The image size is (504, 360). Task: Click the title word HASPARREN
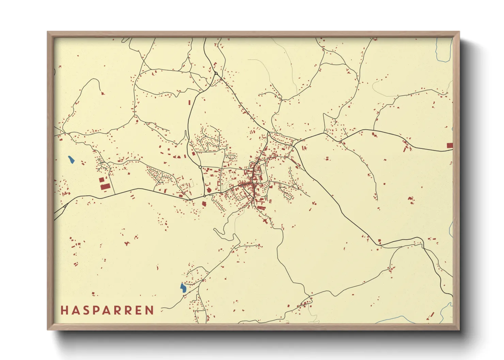pyautogui.click(x=107, y=310)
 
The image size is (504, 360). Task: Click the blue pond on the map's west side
pyautogui.click(x=71, y=160)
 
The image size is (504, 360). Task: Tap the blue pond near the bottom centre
pyautogui.click(x=183, y=288)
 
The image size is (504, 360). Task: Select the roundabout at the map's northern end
pyautogui.click(x=216, y=73)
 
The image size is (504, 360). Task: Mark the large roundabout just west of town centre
pyautogui.click(x=200, y=167)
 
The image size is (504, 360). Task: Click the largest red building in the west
pyautogui.click(x=105, y=187)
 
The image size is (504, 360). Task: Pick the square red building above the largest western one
pyautogui.click(x=101, y=179)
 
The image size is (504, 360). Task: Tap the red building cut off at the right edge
pyautogui.click(x=450, y=145)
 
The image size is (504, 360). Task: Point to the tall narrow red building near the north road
pyautogui.click(x=190, y=102)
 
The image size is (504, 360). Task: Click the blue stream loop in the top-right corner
pyautogui.click(x=443, y=51)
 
